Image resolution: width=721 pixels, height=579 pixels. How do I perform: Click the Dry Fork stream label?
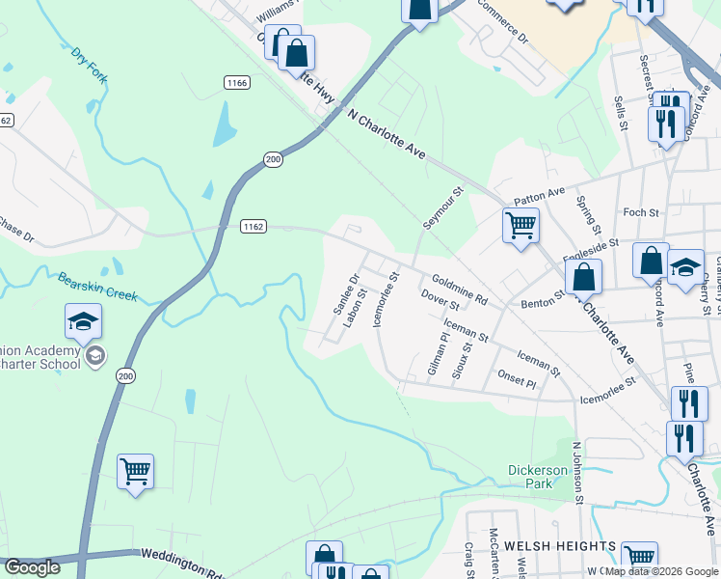[x=87, y=63]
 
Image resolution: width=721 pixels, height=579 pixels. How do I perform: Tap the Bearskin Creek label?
[x=97, y=288]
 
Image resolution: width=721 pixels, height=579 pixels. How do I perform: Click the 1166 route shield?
[x=237, y=83]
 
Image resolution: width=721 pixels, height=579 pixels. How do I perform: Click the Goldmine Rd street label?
[x=460, y=288]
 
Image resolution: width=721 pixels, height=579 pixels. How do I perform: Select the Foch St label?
[x=640, y=212]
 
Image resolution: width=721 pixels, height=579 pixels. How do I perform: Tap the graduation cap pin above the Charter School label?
[x=84, y=321]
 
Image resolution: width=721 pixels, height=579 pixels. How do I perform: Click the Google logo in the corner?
[x=33, y=567]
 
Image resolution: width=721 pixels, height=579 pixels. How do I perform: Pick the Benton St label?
[x=541, y=301]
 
